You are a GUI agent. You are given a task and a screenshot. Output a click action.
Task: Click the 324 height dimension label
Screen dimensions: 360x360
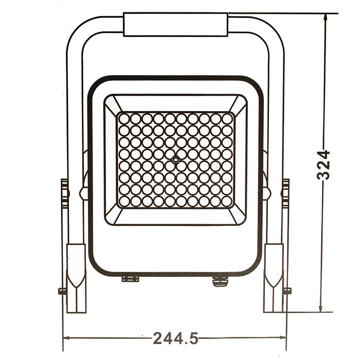point(323,165)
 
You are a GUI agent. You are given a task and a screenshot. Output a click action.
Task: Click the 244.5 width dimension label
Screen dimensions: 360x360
point(175,338)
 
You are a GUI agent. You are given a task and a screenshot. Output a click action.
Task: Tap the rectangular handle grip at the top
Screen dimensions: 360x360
point(175,25)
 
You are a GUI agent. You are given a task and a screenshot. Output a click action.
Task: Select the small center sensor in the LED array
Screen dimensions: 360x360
point(176,160)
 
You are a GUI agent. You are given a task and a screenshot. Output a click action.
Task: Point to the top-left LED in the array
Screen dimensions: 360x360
point(124,119)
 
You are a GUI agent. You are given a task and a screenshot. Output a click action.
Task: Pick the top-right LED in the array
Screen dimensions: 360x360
point(227,119)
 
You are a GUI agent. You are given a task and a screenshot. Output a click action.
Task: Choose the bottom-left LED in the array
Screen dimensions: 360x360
point(124,201)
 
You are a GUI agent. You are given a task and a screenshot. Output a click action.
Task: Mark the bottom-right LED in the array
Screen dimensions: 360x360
point(227,201)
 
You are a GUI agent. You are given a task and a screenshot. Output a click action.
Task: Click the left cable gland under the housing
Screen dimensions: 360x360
point(131,279)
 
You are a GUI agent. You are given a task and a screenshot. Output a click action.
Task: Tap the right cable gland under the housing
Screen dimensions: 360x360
point(220,280)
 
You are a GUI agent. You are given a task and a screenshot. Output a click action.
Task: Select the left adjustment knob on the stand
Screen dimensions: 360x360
point(65,193)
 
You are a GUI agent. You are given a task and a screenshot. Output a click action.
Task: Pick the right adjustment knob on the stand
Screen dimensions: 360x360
point(285,193)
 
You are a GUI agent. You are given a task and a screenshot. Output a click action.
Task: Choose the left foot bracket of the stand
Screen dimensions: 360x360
point(76,278)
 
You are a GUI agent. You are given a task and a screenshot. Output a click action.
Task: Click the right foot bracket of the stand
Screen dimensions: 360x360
point(274,278)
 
